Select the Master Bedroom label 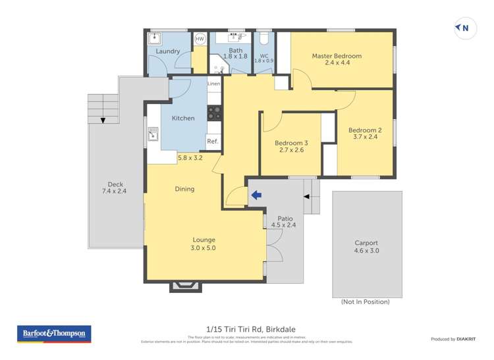coord(337,56)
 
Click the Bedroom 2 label coord(365,130)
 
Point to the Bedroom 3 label coord(291,143)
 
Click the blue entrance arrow coord(255,195)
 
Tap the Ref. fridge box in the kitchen coord(213,141)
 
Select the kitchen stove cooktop coord(214,113)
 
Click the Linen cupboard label coord(213,84)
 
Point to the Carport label coord(367,243)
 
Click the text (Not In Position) coord(365,302)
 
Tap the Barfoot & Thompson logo coord(53,334)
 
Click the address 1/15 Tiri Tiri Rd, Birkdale coord(247,332)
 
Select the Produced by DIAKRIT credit coord(453,339)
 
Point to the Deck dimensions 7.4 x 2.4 coord(116,192)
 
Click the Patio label coord(285,218)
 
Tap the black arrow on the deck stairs coord(103,120)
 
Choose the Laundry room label coord(168,51)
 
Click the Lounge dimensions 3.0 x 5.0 coord(204,248)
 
